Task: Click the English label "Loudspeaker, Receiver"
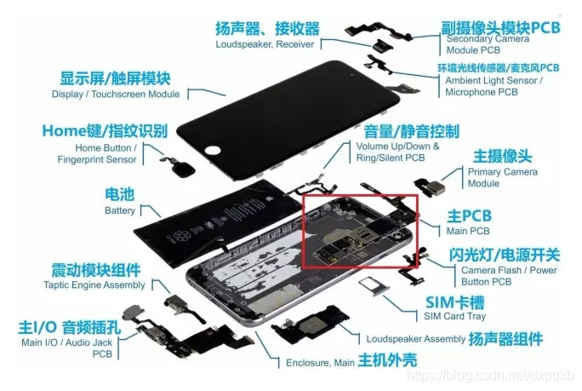coord(265,44)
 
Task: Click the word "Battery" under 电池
coord(119,210)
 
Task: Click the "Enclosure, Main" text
coord(320,362)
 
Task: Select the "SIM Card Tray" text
coord(456,316)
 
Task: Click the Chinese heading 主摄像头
coord(502,156)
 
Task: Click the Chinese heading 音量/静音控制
coord(411,131)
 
